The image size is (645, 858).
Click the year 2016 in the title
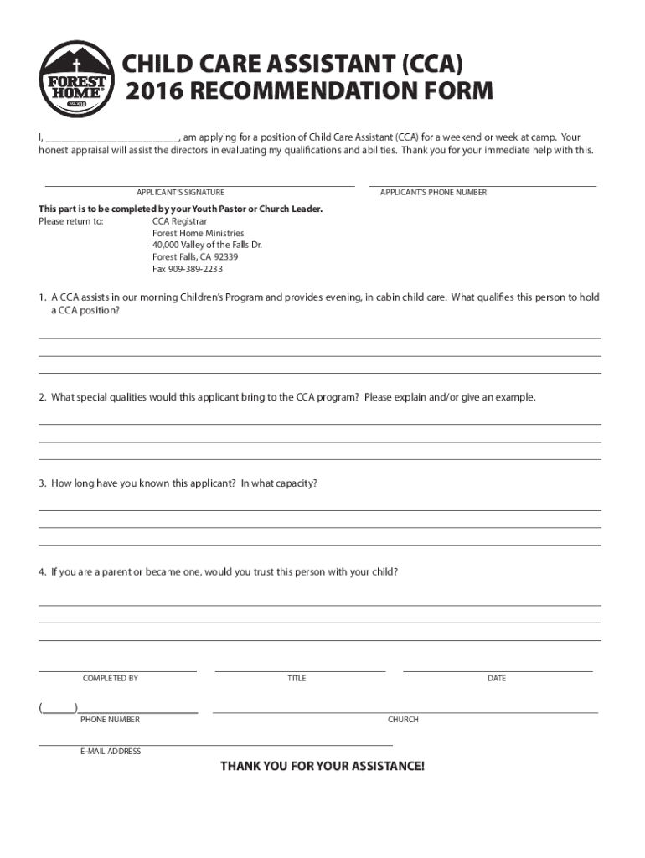(147, 92)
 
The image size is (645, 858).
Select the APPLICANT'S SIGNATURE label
(180, 193)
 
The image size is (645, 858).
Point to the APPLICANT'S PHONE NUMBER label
(433, 193)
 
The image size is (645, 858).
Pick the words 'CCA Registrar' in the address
(173, 221)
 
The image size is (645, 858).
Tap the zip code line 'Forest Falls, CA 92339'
(194, 257)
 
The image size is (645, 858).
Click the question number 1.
(41, 297)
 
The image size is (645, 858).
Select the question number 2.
(41, 397)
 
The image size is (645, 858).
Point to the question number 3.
(41, 483)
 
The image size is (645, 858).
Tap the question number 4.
(41, 572)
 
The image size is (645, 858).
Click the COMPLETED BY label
(111, 678)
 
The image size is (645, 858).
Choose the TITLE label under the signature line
(297, 678)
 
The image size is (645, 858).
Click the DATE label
(497, 678)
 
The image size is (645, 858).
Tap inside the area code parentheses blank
(59, 708)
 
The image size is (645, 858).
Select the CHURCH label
(403, 720)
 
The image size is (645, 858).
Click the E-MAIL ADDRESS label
(111, 752)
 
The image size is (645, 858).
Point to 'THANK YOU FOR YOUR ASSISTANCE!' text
(322, 767)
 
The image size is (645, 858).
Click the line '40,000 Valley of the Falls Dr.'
(207, 246)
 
